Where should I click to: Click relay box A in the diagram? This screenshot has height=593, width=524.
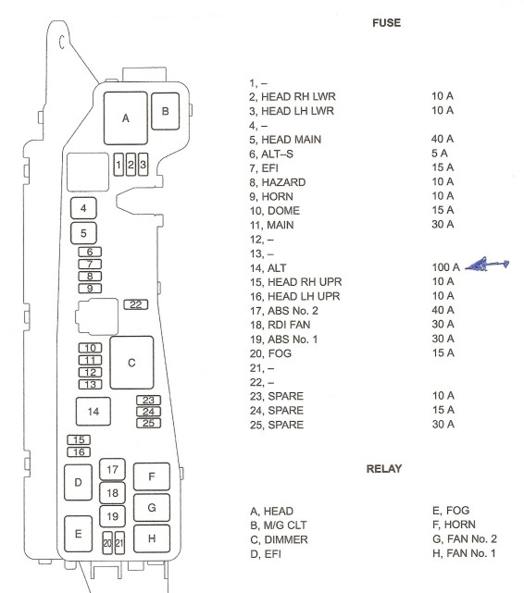coord(126,118)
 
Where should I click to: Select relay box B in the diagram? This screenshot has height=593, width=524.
coord(166,111)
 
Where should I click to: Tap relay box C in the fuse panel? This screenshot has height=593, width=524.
coord(131,363)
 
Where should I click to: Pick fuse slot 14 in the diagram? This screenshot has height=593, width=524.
coord(94,412)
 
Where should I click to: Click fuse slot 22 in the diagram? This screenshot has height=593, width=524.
coord(136,304)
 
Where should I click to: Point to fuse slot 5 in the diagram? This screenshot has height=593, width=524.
coord(83,233)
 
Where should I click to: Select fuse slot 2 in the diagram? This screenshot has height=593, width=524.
coord(131,165)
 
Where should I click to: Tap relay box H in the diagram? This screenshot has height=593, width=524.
coord(152,538)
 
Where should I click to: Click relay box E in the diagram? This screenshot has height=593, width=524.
coord(79,534)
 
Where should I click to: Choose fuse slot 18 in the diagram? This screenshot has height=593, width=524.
coord(112,493)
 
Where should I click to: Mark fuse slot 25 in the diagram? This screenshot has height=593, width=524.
coord(149,423)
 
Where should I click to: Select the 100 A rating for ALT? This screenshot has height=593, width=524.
coord(445,267)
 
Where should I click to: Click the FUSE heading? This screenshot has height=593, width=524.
coord(386,23)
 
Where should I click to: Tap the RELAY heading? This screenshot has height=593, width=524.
coord(384,469)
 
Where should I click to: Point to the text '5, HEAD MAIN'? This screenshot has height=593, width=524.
coord(285,140)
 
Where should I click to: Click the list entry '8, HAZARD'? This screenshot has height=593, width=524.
coord(278,182)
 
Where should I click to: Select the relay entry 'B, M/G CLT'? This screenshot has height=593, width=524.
coord(279,525)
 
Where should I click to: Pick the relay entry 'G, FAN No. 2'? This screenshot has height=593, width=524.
coord(465,539)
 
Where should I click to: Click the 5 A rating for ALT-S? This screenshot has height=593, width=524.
coord(439,154)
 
